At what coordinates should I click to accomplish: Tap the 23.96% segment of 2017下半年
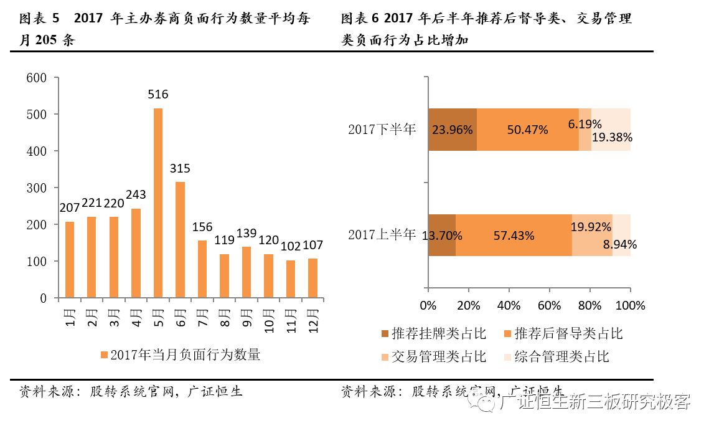[453, 130]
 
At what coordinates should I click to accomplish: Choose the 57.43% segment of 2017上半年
[514, 235]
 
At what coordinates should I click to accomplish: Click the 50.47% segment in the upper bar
[528, 130]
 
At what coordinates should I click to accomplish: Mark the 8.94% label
[619, 244]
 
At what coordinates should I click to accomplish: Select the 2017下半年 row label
[382, 130]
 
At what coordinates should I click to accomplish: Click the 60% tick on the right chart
[550, 306]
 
